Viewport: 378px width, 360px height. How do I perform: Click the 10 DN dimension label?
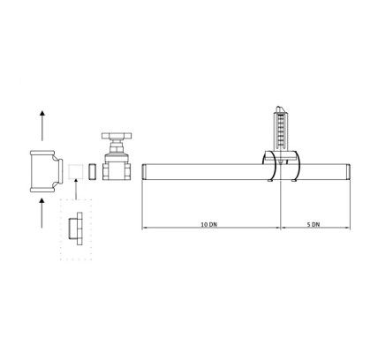pos(208,224)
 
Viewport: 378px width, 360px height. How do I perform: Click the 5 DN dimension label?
pos(314,224)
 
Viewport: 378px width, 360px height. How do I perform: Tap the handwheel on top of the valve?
pos(117,136)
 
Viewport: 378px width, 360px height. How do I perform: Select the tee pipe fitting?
pos(47,171)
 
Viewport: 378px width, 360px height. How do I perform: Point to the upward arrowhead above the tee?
pos(42,113)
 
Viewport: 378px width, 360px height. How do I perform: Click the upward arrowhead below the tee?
pos(42,200)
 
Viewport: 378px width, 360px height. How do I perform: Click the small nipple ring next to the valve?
pos(93,172)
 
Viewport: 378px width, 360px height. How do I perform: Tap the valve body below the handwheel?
pos(117,168)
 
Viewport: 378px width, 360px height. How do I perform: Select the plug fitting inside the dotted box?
pos(76,229)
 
